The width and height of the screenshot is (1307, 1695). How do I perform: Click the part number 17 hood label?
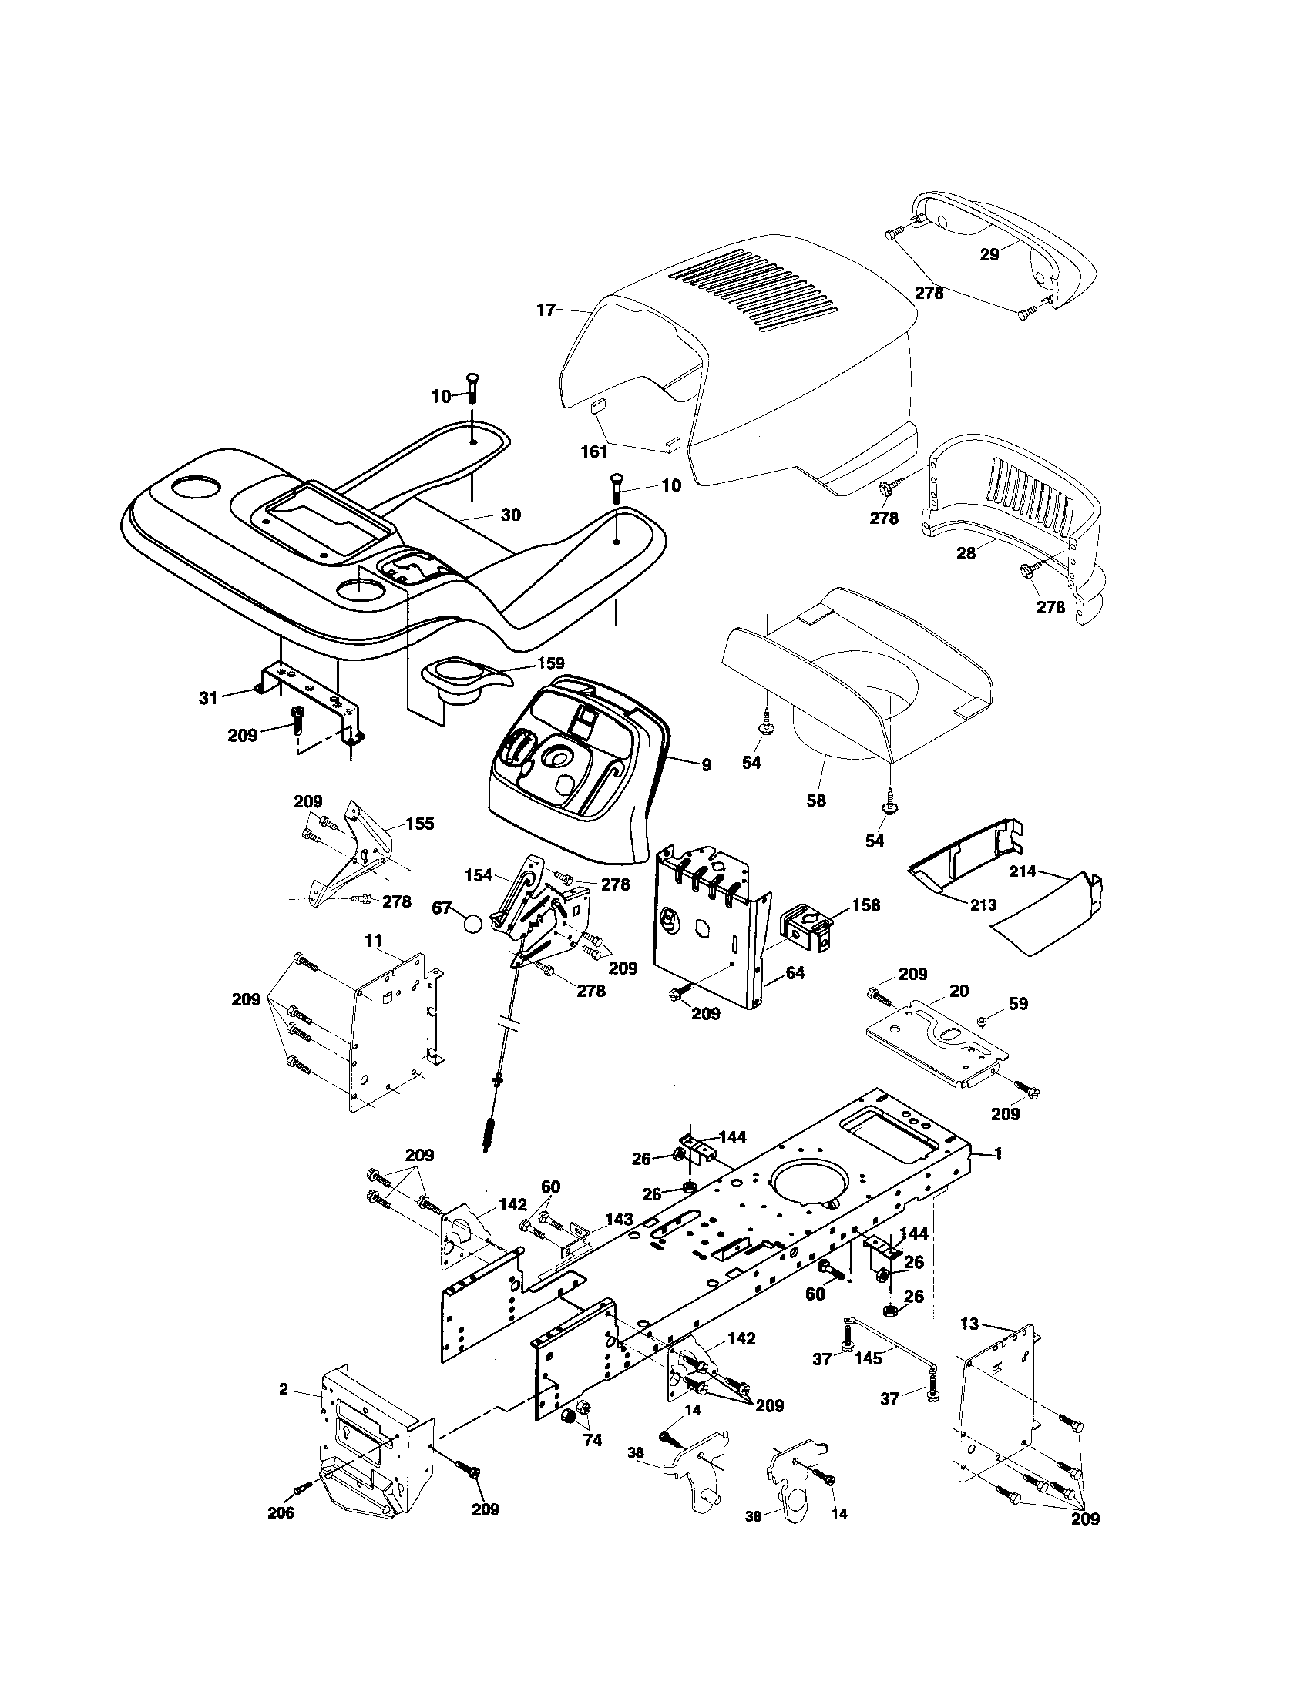(x=546, y=310)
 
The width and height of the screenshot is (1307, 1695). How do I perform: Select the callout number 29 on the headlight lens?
(x=989, y=253)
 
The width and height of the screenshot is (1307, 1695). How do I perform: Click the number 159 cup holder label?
(x=550, y=663)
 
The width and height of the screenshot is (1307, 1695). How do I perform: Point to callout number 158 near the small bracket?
(x=866, y=905)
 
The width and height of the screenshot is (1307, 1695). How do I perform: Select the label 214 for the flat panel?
(x=1023, y=871)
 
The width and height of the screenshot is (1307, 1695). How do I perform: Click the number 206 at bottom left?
(x=281, y=1534)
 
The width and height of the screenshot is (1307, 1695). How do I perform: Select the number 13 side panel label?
(x=969, y=1324)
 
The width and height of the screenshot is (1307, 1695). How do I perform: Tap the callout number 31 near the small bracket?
(x=208, y=698)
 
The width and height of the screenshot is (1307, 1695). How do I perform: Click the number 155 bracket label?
(x=420, y=824)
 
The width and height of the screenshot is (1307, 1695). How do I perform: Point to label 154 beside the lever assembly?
(x=479, y=874)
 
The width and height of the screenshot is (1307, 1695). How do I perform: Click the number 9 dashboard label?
(x=705, y=765)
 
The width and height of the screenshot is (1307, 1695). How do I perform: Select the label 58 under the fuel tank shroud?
(x=815, y=801)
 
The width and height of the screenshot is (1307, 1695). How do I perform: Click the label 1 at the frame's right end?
(x=997, y=1176)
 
